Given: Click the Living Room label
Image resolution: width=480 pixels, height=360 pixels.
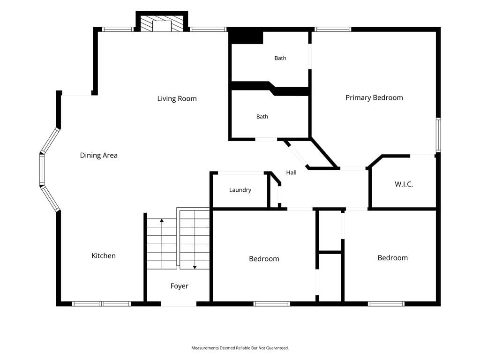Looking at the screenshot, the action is tap(177, 98).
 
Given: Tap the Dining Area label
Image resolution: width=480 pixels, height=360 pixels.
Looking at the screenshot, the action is tap(98, 156).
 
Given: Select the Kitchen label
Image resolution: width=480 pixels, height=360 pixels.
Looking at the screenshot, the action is tap(104, 255).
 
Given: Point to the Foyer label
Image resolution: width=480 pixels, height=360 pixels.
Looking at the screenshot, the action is tap(180, 286).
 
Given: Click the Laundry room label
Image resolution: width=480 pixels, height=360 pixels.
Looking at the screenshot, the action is tap(240, 190).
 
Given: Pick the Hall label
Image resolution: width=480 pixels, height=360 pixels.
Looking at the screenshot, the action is tap(291, 172).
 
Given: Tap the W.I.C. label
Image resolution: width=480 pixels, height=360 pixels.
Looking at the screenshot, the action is tap(404, 184).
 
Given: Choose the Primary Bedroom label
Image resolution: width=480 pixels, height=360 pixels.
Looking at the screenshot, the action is tap(374, 97).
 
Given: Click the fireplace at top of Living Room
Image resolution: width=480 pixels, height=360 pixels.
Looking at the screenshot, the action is tap(162, 22).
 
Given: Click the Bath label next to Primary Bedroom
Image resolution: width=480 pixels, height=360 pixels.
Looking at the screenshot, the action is tap(280, 58).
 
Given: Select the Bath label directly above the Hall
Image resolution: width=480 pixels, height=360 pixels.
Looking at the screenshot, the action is tap(262, 117).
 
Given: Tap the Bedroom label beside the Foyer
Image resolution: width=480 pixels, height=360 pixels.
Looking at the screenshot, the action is tap(264, 259).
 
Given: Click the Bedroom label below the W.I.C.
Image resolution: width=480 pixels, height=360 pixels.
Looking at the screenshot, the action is tap(393, 258).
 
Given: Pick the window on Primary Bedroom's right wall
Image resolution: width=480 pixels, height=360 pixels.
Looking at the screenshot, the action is tap(438, 135).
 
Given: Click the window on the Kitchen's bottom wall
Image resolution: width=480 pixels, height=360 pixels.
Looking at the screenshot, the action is tap(101, 304).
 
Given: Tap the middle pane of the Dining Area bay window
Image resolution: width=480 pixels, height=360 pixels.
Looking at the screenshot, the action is tap(42, 169).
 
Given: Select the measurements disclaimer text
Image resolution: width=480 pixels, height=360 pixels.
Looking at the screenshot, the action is tap(240, 348).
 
